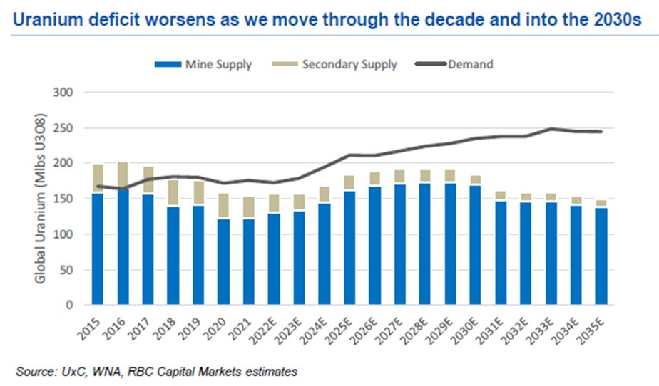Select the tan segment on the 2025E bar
[349, 183]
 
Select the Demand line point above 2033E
[551, 129]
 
